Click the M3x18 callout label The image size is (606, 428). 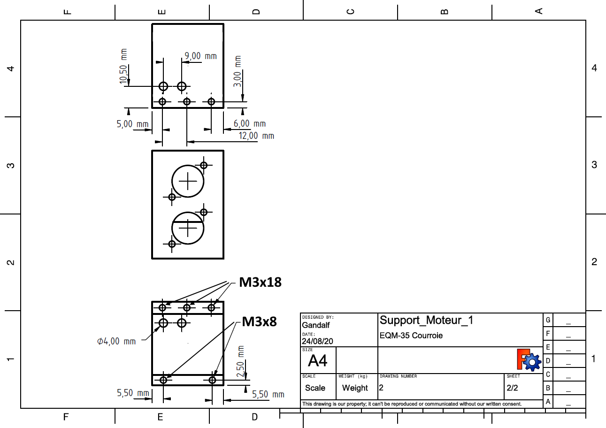pos(260,283)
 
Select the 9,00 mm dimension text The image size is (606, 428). pos(200,56)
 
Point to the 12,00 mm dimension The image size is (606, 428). pos(256,136)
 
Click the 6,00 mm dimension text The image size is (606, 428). pos(249,123)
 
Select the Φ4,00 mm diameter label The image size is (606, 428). pos(116,341)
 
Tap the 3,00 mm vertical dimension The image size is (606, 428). pos(238,71)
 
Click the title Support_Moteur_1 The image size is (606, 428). pos(426,320)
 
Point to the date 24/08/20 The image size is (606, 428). pos(317,341)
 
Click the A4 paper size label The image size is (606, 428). pos(317,361)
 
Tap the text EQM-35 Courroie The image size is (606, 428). pos(411,336)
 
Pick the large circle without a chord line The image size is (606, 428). pos(188,181)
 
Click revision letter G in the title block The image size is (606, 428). pos(547,320)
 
